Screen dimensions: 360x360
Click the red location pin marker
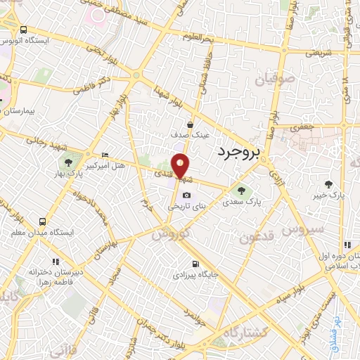click(x=180, y=165)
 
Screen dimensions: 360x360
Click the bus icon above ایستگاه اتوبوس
click(x=24, y=30)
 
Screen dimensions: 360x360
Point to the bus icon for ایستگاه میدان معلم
click(x=44, y=221)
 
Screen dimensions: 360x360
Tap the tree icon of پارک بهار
click(x=67, y=164)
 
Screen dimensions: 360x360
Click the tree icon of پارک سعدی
click(x=242, y=189)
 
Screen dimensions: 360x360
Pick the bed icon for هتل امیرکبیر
click(x=105, y=155)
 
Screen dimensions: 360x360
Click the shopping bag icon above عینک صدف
click(x=190, y=124)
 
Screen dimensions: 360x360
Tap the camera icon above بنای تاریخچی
click(x=186, y=195)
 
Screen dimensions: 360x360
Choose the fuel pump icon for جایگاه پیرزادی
click(x=194, y=264)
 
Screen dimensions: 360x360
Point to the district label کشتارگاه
click(x=231, y=330)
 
